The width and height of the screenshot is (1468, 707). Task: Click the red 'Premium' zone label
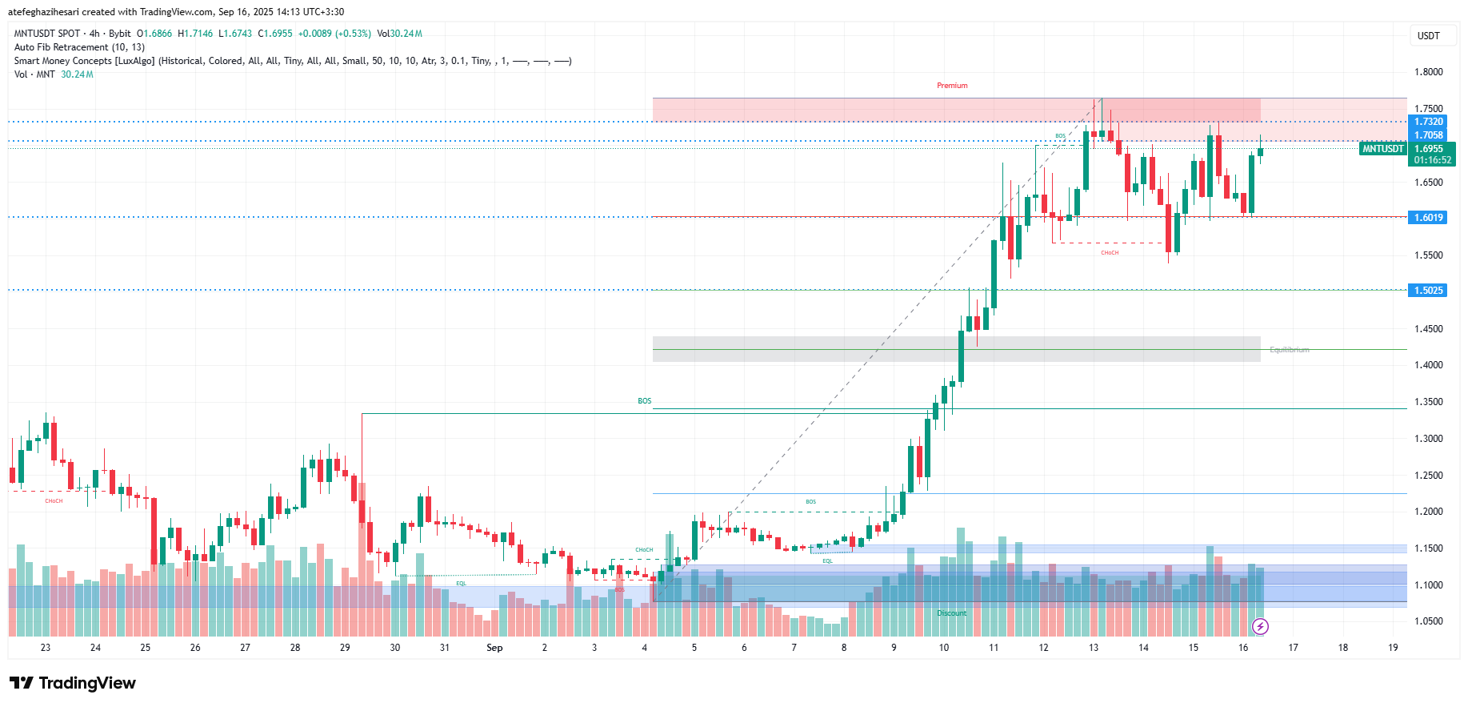952,86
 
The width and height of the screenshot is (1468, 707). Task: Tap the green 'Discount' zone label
951,613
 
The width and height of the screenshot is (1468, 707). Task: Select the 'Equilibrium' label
1289,350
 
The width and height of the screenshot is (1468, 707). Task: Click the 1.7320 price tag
1428,122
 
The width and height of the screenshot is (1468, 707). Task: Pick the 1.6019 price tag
1428,218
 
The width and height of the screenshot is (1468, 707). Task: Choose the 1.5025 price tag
1428,291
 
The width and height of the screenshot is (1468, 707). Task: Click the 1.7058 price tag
1428,135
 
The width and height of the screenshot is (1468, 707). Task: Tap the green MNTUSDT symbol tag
1383,149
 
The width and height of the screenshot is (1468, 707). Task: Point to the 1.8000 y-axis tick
1428,72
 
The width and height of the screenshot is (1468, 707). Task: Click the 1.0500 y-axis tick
1428,621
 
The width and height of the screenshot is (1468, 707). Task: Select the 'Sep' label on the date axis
494,648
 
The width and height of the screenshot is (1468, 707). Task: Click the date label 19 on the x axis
1393,648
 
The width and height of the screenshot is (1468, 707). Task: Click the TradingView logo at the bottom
73,683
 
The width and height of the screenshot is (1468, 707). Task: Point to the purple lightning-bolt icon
1260,626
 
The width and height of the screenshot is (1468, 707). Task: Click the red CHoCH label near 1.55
1109,253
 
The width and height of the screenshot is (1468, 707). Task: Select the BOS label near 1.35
644,401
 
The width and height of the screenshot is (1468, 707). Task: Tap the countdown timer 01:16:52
1432,160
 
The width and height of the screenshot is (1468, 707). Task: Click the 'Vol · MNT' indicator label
34,74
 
